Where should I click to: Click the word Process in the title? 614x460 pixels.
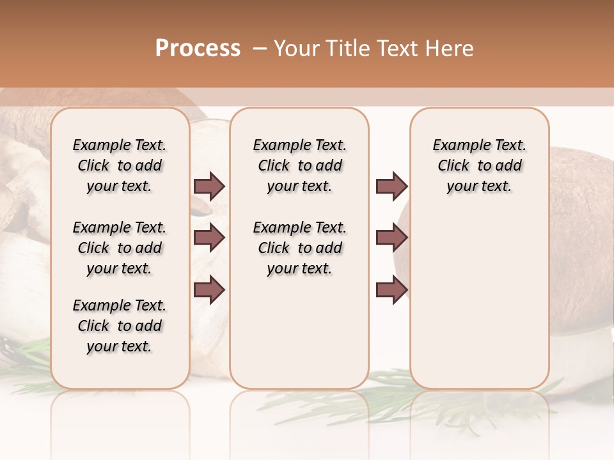[x=198, y=49]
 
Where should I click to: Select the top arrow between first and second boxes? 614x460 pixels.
[x=209, y=186]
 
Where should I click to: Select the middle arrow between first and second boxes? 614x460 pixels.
[x=209, y=238]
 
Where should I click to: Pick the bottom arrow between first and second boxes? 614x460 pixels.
[x=209, y=290]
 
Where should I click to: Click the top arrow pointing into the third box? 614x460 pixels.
[x=391, y=186]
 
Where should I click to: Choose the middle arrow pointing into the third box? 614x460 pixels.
[x=391, y=238]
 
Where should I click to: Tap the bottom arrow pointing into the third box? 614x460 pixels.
[x=391, y=290]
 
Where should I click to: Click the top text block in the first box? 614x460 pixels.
[x=120, y=165]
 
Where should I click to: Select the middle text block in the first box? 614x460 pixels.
[x=120, y=248]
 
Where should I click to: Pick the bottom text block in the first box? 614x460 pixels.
[x=120, y=326]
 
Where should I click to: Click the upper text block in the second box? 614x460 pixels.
[x=299, y=165]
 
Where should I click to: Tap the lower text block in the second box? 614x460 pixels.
[x=299, y=248]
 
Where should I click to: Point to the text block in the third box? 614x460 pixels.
[x=479, y=165]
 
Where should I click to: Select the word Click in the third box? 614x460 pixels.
[x=453, y=165]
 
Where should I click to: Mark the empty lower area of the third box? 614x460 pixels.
[x=479, y=300]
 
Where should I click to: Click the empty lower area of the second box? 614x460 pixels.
[x=299, y=332]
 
